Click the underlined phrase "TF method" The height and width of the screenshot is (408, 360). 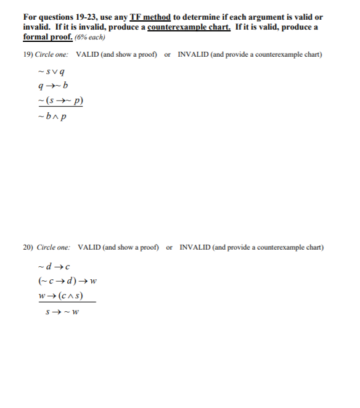[150, 17]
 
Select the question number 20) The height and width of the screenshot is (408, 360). [29, 248]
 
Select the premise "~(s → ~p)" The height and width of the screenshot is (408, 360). [60, 100]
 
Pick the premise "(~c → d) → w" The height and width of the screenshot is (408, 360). [64, 282]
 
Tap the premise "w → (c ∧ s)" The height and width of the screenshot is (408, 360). [60, 296]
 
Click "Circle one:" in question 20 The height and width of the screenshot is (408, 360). [55, 248]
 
